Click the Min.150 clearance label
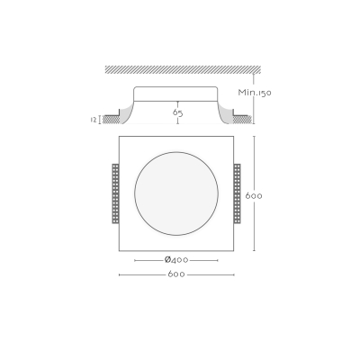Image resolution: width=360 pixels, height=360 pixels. [x=255, y=93]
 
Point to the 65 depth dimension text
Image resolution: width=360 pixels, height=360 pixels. [x=177, y=112]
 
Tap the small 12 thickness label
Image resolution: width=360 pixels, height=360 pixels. [x=94, y=120]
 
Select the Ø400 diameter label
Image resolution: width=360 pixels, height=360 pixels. [x=176, y=260]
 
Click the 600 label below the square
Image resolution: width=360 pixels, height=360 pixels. [x=176, y=274]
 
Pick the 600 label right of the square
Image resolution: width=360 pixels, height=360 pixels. [x=254, y=196]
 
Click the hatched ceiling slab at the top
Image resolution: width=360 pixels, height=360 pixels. [x=183, y=69]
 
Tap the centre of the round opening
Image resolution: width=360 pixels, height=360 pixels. [x=176, y=193]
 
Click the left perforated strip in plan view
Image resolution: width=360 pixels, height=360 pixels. [x=115, y=193]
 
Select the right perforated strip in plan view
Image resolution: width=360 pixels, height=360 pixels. [x=238, y=193]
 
